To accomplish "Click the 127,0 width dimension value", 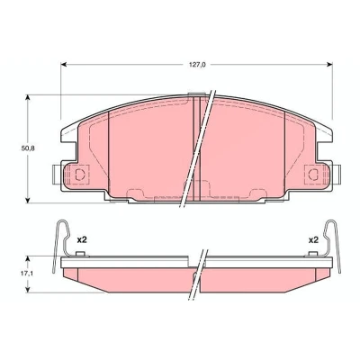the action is click(197, 65).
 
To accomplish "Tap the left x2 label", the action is click(82, 240).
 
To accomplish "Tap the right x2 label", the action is click(313, 240).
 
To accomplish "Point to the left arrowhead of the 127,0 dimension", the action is click(64, 65).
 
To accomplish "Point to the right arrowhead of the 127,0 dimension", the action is click(329, 65).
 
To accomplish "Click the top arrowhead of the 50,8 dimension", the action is click(28, 98).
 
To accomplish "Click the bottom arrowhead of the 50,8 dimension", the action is click(28, 200).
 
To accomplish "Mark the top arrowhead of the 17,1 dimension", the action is click(28, 259).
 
